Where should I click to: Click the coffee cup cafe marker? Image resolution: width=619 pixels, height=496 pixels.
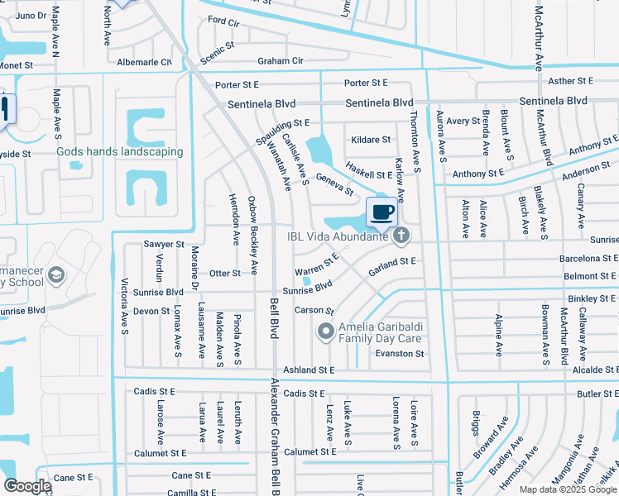coord(381,212)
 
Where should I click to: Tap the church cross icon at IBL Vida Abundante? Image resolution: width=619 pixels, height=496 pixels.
coord(401,236)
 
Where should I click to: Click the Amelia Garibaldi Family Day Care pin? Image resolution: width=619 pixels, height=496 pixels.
coord(325,332)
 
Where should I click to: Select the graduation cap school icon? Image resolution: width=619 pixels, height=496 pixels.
coord(56,275)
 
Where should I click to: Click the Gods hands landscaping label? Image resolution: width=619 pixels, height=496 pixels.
coord(119,151)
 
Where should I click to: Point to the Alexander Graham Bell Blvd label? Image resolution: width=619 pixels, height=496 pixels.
coord(275,434)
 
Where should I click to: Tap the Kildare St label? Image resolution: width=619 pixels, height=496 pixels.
coord(370,140)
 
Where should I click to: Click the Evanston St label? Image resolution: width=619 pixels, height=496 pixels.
coord(400,353)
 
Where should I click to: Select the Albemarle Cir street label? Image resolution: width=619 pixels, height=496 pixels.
coord(144,62)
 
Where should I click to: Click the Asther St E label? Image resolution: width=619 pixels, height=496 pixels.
coord(571,80)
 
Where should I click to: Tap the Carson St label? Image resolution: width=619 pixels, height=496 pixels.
coord(314,311)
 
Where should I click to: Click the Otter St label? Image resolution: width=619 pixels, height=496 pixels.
coord(224,273)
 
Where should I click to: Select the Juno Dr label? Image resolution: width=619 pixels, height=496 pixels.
coord(30,16)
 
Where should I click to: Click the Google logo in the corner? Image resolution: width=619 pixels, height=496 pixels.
coord(27,486)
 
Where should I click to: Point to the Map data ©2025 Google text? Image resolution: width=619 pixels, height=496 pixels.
coord(567,489)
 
